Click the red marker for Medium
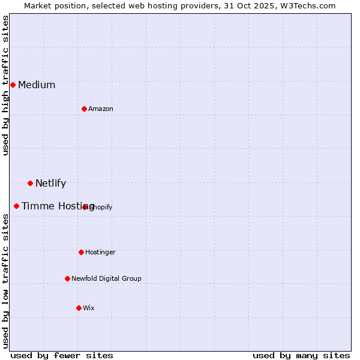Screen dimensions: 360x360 point(13,85)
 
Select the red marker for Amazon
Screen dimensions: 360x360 point(84,109)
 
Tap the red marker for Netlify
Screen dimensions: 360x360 point(30,183)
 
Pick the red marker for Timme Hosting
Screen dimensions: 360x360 point(16,206)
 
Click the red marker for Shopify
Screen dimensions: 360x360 point(85,207)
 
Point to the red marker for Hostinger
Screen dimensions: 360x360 point(81,252)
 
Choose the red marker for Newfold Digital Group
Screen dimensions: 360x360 point(67,278)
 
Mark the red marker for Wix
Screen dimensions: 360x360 point(79,308)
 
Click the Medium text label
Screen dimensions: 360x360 point(37,85)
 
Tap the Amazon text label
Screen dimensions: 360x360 point(101,109)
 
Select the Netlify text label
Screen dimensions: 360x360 point(50,184)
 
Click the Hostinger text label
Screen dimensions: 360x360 point(100,252)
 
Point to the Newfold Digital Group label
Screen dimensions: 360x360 point(106,278)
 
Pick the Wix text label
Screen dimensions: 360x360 point(89,308)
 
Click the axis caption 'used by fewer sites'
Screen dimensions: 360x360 point(62,355)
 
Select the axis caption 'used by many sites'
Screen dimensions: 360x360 point(301,355)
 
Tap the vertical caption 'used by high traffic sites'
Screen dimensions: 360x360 point(5,85)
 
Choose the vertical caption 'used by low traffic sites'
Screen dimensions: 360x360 point(5,281)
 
